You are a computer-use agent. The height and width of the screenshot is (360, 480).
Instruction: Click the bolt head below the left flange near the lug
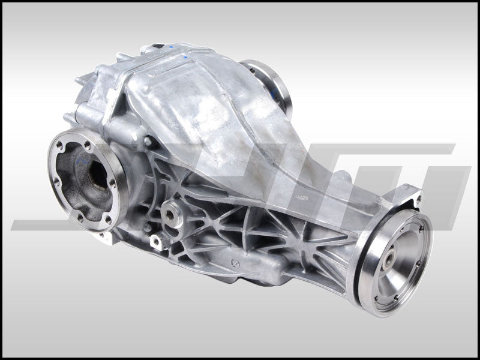coord(146,228)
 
